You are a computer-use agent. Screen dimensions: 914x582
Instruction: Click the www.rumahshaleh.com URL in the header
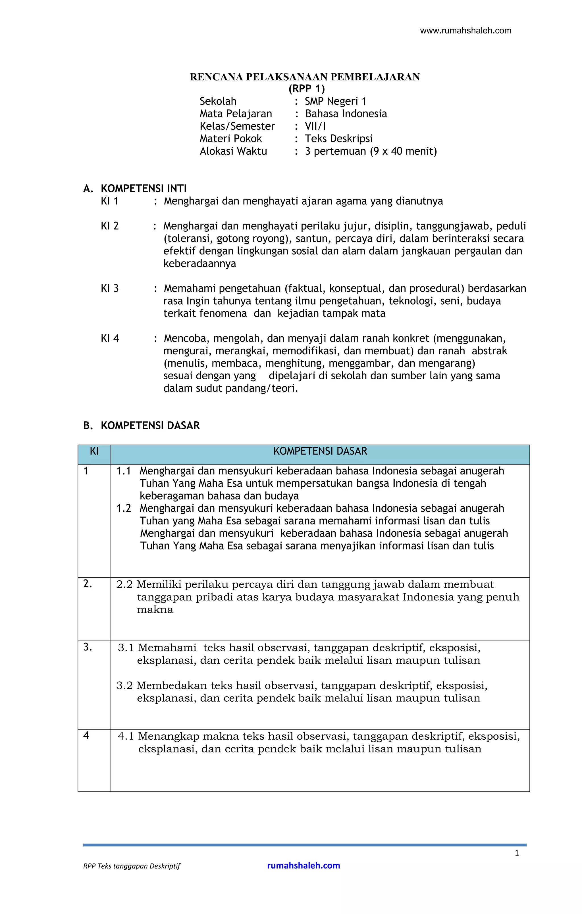pos(465,31)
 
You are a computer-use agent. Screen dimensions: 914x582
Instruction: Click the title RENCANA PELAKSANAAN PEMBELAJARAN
pos(305,77)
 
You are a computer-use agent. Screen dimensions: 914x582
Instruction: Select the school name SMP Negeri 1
pos(335,101)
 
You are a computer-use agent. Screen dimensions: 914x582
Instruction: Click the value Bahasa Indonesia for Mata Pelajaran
pos(346,114)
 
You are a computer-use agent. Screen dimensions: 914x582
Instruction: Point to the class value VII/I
pos(315,126)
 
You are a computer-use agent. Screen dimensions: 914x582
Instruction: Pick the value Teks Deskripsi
pos(338,139)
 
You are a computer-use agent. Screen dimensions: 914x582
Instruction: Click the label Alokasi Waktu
pos(233,151)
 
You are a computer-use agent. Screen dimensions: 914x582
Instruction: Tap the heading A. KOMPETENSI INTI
pos(135,189)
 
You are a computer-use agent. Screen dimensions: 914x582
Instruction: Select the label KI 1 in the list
pos(109,201)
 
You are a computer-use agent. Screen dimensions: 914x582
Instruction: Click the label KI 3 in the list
pos(109,288)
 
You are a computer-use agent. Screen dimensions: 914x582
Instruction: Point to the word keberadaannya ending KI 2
pos(199,263)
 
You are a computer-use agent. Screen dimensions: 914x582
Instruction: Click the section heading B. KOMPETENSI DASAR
pos(141,426)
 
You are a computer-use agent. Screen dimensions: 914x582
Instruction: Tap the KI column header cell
pos(94,451)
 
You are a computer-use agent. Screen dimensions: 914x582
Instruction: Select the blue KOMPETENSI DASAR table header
pos(320,451)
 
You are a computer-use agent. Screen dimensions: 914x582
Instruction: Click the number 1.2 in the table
pos(123,508)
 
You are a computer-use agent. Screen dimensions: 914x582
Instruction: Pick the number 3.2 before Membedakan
pos(124,685)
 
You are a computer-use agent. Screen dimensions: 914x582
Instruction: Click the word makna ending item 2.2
pos(155,610)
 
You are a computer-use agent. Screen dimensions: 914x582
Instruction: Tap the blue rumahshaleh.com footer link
pos(304,865)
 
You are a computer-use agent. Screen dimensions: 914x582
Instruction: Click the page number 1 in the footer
pos(517,853)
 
